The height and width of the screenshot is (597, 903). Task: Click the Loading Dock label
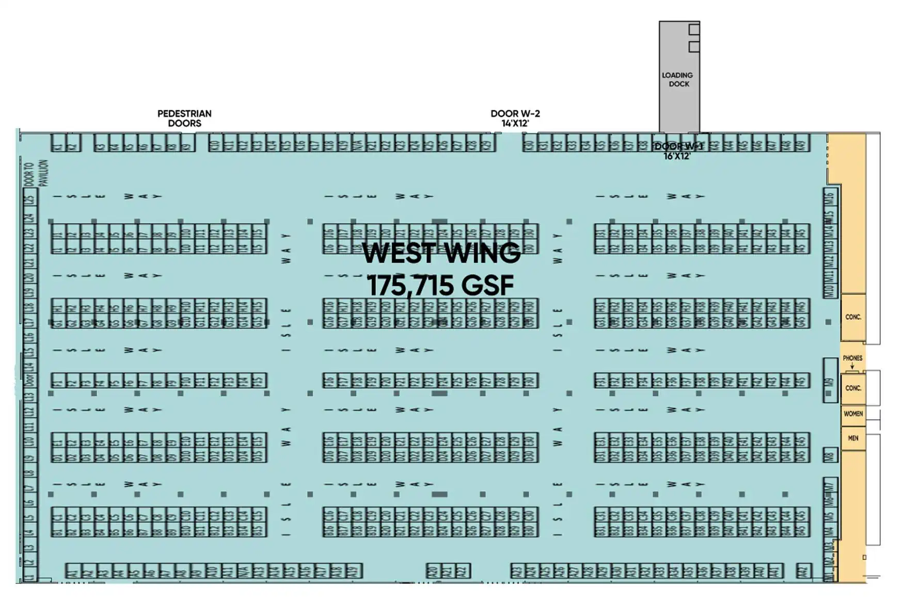pyautogui.click(x=678, y=80)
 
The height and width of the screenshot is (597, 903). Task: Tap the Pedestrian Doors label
pyautogui.click(x=184, y=118)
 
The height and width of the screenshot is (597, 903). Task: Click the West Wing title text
pyautogui.click(x=441, y=253)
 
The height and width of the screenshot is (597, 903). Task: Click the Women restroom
pyautogui.click(x=853, y=414)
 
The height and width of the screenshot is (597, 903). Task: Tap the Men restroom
pyautogui.click(x=853, y=438)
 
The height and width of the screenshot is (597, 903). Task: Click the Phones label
pyautogui.click(x=852, y=358)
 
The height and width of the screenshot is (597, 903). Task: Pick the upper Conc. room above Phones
pyautogui.click(x=853, y=317)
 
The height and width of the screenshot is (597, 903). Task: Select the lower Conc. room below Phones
pyautogui.click(x=853, y=388)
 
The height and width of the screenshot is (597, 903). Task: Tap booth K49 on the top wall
pyautogui.click(x=802, y=143)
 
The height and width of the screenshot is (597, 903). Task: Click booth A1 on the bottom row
pyautogui.click(x=73, y=571)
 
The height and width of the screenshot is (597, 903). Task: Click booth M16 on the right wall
pyautogui.click(x=830, y=197)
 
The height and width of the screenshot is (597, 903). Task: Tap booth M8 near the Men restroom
pyautogui.click(x=830, y=456)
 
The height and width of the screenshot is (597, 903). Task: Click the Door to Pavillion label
pyautogui.click(x=36, y=173)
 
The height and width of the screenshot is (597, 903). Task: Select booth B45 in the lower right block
pyautogui.click(x=802, y=530)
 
